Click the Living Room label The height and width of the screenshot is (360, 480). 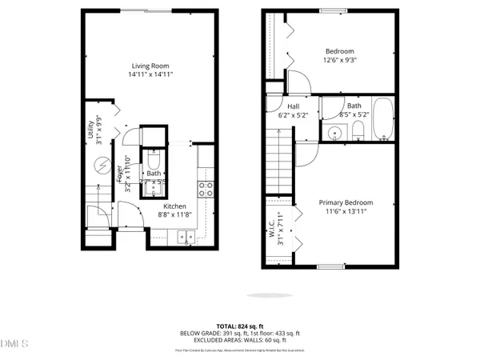pos(151,65)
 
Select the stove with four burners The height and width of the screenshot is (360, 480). pos(206,189)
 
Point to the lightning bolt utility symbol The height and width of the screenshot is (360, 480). pos(102,166)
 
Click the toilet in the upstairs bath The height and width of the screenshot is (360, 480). pos(358,130)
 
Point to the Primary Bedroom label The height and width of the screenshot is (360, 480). pos(346,202)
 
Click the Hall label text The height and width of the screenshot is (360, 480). pos(293,105)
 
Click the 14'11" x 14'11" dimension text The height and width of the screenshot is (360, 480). pos(151,74)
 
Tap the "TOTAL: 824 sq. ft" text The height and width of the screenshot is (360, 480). pos(240,326)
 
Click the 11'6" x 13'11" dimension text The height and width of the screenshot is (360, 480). pos(346,212)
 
